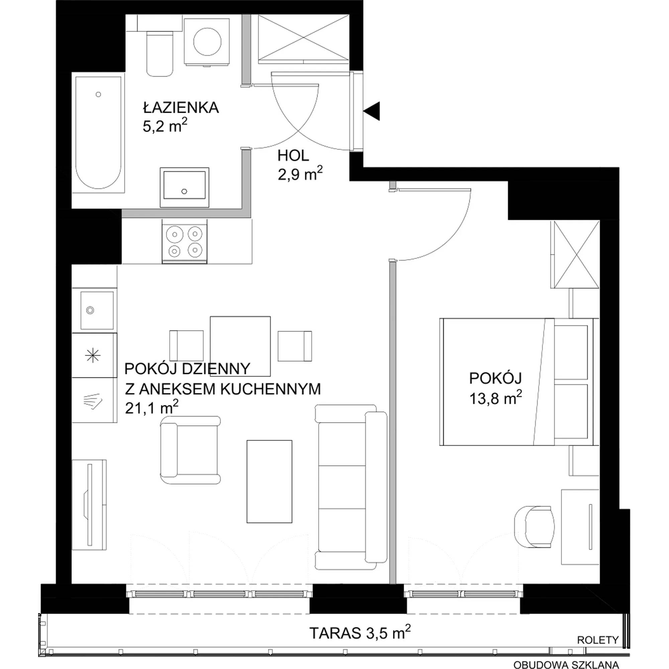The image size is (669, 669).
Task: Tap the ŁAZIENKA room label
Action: [181, 108]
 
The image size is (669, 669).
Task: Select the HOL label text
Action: [293, 156]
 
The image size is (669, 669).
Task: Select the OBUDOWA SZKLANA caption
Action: [566, 665]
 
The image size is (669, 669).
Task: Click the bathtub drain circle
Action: [98, 94]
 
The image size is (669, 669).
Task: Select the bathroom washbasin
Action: [185, 188]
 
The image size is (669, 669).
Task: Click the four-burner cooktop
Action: [185, 242]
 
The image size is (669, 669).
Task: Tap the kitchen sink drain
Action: [90, 311]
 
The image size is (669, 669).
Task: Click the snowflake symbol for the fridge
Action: [93, 356]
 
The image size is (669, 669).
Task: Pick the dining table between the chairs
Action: [240, 346]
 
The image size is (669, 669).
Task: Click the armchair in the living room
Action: [190, 450]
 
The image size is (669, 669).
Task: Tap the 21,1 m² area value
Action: [152, 408]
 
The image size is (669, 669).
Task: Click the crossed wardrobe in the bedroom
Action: [575, 254]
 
